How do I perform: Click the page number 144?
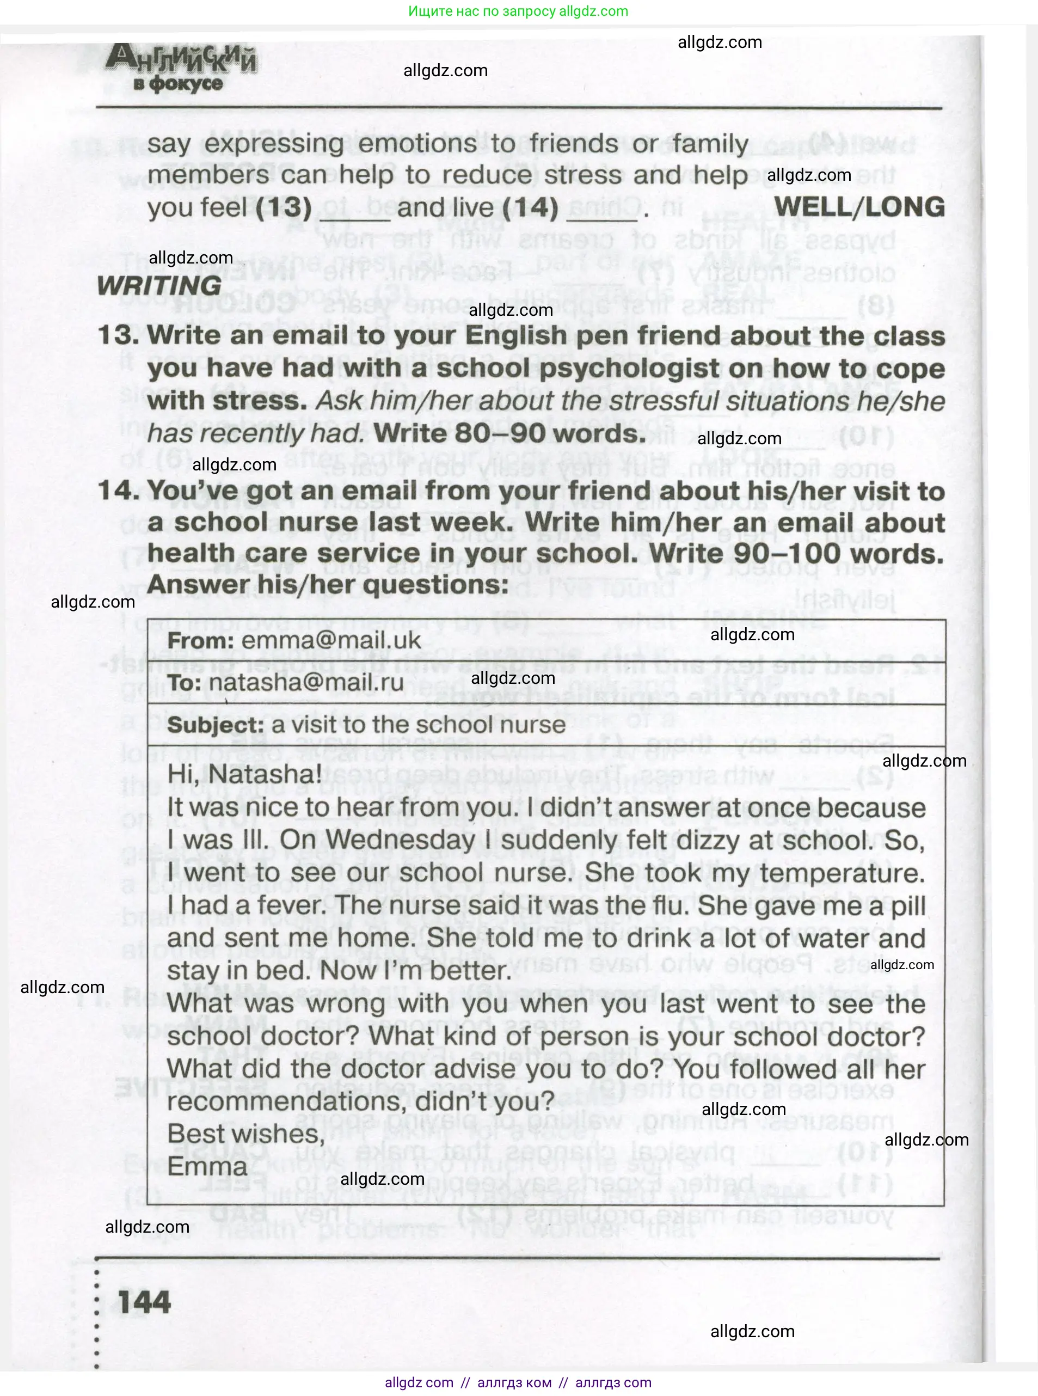tap(144, 1302)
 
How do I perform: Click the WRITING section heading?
tap(159, 286)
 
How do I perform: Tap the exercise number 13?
tap(118, 335)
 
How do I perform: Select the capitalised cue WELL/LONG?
tap(859, 207)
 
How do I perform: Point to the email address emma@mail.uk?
tap(330, 640)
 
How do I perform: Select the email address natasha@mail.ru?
tap(306, 683)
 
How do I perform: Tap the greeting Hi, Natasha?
tap(244, 774)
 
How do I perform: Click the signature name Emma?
tap(207, 1167)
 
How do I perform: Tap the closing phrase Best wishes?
tap(245, 1134)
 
